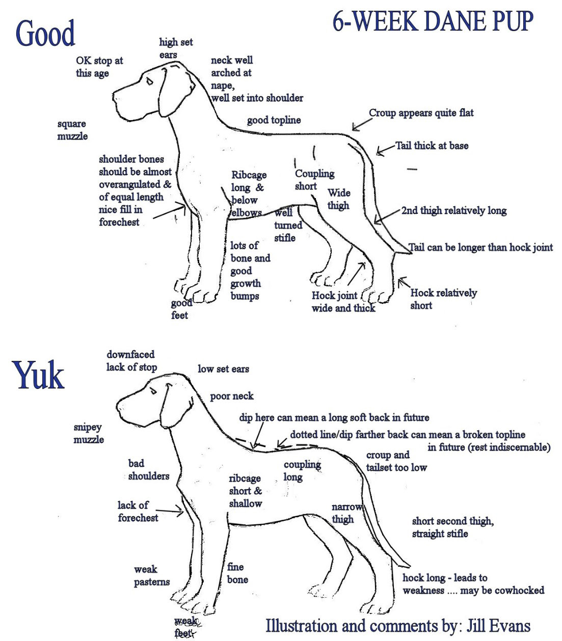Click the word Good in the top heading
[x=45, y=33]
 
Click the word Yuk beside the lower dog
[x=39, y=375]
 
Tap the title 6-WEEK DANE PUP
[x=433, y=21]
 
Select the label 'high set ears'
[x=175, y=48]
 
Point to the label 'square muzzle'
[x=72, y=130]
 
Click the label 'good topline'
[x=274, y=120]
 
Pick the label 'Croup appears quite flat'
[x=421, y=113]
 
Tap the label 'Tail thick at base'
[x=432, y=146]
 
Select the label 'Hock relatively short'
[x=443, y=299]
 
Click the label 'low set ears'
[x=223, y=369]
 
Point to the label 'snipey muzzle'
[x=88, y=433]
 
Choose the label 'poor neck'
[x=231, y=396]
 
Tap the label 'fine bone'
[x=237, y=573]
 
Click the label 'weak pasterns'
[x=151, y=575]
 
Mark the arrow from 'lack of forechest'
[x=169, y=511]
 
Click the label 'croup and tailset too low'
[x=396, y=461]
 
